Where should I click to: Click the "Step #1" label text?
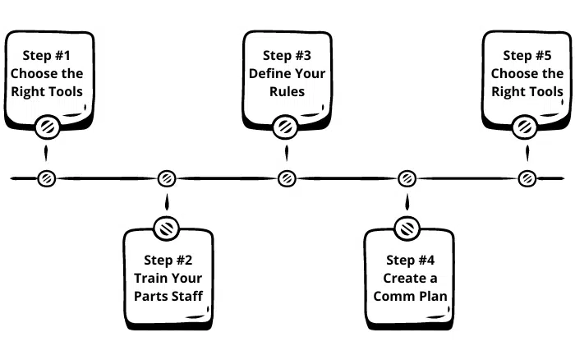[46, 56]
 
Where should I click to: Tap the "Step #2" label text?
[168, 261]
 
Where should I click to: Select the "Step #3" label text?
[287, 56]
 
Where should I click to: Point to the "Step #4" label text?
[410, 261]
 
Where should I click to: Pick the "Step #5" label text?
[527, 56]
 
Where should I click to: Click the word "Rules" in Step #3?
[287, 92]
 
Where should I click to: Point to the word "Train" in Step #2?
[150, 278]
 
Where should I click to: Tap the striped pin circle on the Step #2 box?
[167, 228]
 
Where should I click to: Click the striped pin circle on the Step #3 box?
[285, 127]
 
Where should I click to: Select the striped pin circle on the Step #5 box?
[524, 127]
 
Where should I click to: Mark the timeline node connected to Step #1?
[47, 178]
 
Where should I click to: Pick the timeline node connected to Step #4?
[407, 178]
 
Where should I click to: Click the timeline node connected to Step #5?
[527, 178]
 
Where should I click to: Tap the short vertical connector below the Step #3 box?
[287, 153]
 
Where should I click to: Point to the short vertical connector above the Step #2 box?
[167, 202]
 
